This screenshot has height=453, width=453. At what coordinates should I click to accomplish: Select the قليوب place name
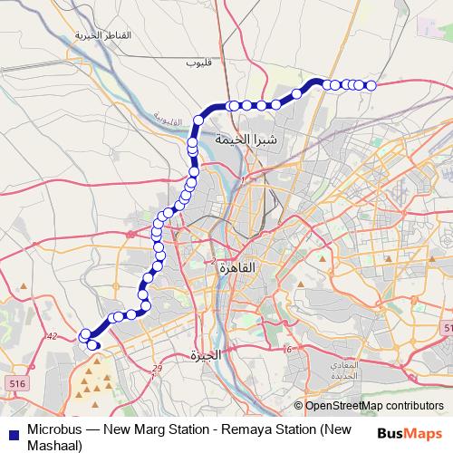[x=198, y=63]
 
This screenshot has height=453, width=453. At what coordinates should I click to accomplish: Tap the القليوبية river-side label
[x=168, y=119]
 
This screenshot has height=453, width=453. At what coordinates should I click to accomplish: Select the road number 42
[x=52, y=336]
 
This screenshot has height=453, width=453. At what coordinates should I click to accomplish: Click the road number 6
[x=287, y=349]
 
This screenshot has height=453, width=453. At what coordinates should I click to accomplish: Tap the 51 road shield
[x=448, y=326]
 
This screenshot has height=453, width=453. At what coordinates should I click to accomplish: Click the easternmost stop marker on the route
[x=371, y=85]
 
